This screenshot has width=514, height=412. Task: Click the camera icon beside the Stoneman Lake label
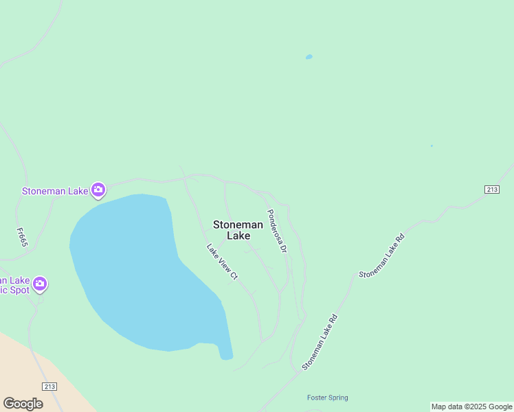[x=98, y=190]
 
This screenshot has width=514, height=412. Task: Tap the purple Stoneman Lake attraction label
[x=55, y=191]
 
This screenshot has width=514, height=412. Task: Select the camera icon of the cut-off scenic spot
[x=40, y=283]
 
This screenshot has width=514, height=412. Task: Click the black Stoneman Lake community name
[x=238, y=230]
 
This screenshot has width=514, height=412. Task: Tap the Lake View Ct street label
[x=223, y=262]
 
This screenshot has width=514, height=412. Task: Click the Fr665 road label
[x=23, y=233]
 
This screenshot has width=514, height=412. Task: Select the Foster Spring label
[x=327, y=398]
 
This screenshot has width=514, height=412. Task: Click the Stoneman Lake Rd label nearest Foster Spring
[x=321, y=343]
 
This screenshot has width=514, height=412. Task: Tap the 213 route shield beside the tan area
[x=49, y=387]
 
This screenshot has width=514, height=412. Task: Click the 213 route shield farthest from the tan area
[x=491, y=190]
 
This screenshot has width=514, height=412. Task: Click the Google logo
[x=23, y=403]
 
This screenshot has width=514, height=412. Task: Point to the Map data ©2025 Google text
[x=471, y=407]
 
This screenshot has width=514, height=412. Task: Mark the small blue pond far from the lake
[x=309, y=57]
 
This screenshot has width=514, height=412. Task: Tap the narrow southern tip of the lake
[x=226, y=350]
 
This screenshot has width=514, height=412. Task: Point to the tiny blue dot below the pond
[x=432, y=146]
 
